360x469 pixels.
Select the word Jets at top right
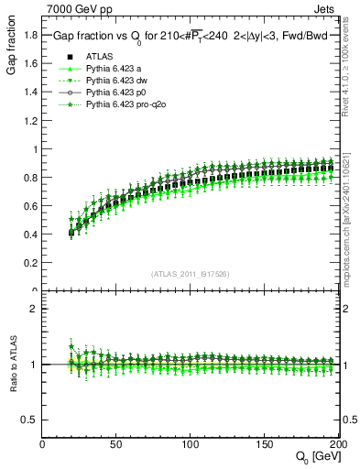pos(339,8)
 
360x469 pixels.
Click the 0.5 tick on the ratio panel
pos(30,420)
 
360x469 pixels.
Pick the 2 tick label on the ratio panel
pos(35,308)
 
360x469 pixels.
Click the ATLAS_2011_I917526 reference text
pos(190,273)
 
